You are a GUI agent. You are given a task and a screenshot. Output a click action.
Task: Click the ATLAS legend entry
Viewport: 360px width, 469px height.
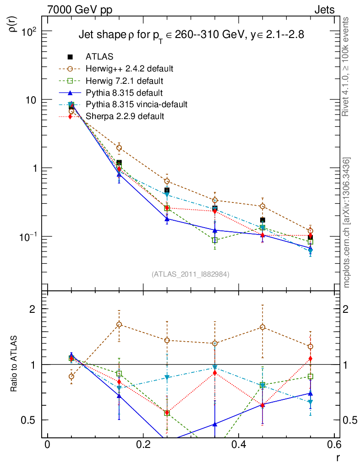click(x=99, y=57)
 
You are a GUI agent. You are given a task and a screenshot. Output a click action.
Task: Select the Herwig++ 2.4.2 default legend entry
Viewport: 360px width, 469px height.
click(x=129, y=69)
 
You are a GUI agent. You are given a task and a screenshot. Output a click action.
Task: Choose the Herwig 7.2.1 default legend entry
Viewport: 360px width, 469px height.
click(x=125, y=81)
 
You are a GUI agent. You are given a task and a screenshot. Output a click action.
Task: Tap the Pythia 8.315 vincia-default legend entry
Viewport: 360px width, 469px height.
click(x=136, y=104)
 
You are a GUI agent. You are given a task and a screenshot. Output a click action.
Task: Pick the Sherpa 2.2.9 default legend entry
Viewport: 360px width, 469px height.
click(x=125, y=116)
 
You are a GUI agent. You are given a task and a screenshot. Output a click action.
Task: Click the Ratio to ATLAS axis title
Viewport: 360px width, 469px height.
click(x=15, y=364)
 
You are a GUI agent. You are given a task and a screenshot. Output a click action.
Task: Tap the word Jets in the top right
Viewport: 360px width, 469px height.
click(x=324, y=10)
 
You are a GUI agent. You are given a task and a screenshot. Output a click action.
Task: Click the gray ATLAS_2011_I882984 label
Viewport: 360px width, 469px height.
click(x=191, y=274)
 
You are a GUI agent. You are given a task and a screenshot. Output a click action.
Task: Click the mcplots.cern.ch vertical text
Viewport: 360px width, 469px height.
click(x=347, y=222)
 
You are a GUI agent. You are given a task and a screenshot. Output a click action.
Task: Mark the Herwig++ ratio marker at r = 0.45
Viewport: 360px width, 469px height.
click(x=262, y=327)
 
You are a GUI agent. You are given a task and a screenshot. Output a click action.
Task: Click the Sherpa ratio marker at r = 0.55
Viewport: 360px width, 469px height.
click(x=310, y=358)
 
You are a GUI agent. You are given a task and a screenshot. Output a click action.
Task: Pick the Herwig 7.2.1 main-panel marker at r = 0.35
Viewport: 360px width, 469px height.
click(x=215, y=240)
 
